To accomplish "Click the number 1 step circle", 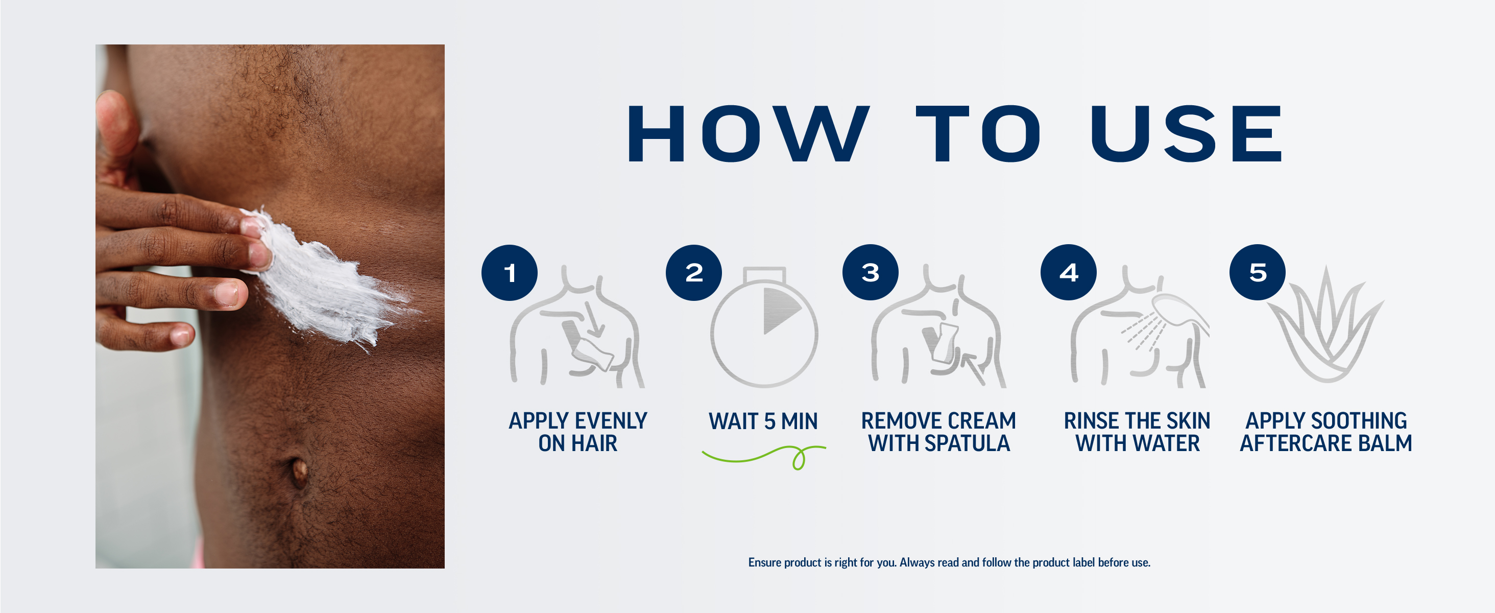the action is click(x=510, y=273).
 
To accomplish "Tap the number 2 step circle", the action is click(x=694, y=273).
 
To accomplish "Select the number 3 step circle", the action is click(x=871, y=272).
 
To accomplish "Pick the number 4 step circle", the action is click(x=1069, y=272).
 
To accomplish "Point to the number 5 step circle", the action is click(x=1258, y=272).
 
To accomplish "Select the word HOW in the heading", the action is click(x=749, y=133).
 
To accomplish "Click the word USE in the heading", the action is click(x=1186, y=133).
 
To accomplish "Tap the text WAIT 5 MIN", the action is click(x=763, y=421).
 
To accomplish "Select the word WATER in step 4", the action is click(x=1167, y=443).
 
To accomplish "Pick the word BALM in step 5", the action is click(x=1385, y=443).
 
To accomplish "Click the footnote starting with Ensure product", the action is click(x=949, y=562).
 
